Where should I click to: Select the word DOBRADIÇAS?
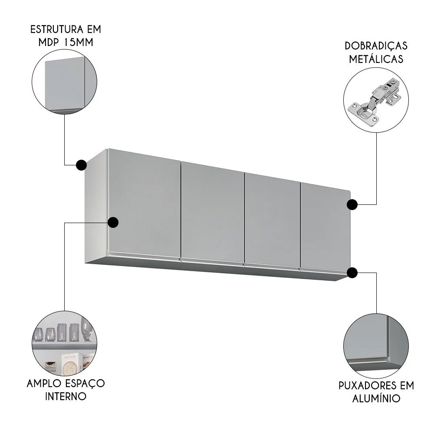[x=376, y=46]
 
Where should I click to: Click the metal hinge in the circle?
[x=376, y=99]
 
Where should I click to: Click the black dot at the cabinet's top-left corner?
[x=81, y=165]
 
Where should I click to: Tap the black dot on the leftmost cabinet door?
[x=113, y=222]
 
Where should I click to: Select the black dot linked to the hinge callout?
[x=352, y=204]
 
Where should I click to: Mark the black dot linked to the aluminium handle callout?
[x=352, y=273]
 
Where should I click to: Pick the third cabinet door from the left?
[x=272, y=219]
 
